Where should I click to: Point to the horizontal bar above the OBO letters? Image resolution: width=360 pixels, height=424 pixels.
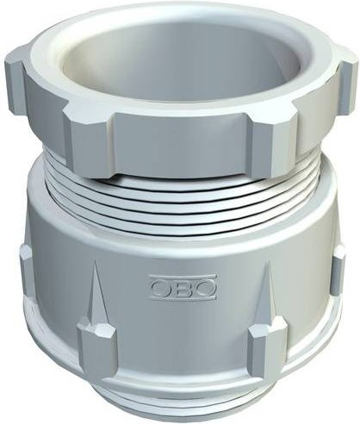coord(183,277)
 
